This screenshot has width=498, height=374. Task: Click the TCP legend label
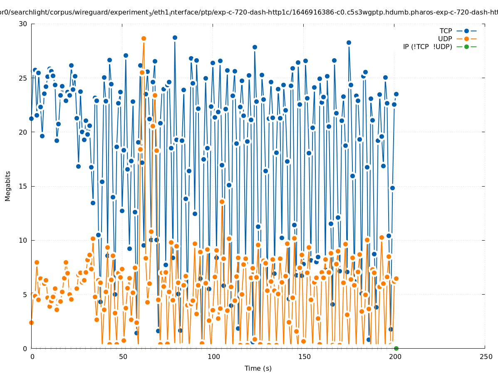[x=446, y=31]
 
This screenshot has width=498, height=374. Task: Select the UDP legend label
[x=445, y=39]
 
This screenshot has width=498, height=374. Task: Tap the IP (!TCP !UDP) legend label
[x=427, y=47]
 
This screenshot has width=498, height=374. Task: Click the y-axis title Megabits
[x=8, y=186]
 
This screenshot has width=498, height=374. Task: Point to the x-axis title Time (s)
[x=258, y=368]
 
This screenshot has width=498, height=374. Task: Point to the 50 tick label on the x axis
[x=122, y=357]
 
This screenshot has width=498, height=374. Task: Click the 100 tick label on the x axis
[x=213, y=357]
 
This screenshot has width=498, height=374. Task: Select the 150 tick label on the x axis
[x=304, y=357]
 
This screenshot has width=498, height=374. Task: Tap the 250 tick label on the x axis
[x=485, y=357]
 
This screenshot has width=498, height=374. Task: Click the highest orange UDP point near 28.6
[x=144, y=38]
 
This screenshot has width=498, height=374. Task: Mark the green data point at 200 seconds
[x=396, y=348]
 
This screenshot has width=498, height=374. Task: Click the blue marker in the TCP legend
[x=466, y=31]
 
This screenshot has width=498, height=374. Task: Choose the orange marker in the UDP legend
[x=466, y=39]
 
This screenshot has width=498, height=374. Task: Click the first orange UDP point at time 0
[x=31, y=322]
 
